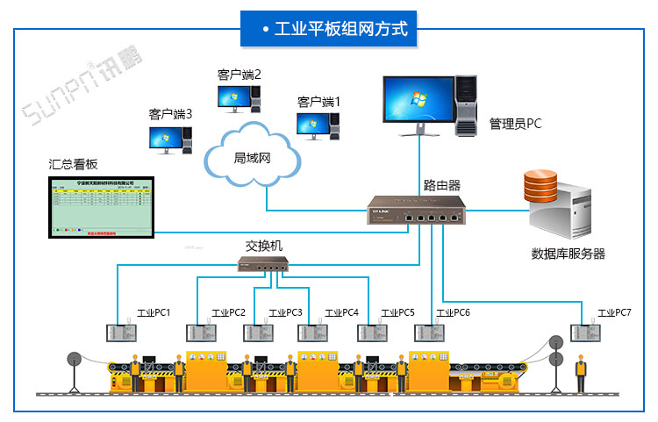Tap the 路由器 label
(x=442, y=185)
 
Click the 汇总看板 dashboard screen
(x=100, y=207)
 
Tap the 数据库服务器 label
(x=568, y=254)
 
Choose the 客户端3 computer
(x=170, y=138)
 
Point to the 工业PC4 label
(x=342, y=312)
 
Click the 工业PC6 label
(x=454, y=312)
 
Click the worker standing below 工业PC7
(x=580, y=373)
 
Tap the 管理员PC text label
(x=515, y=124)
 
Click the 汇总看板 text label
(x=73, y=165)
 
